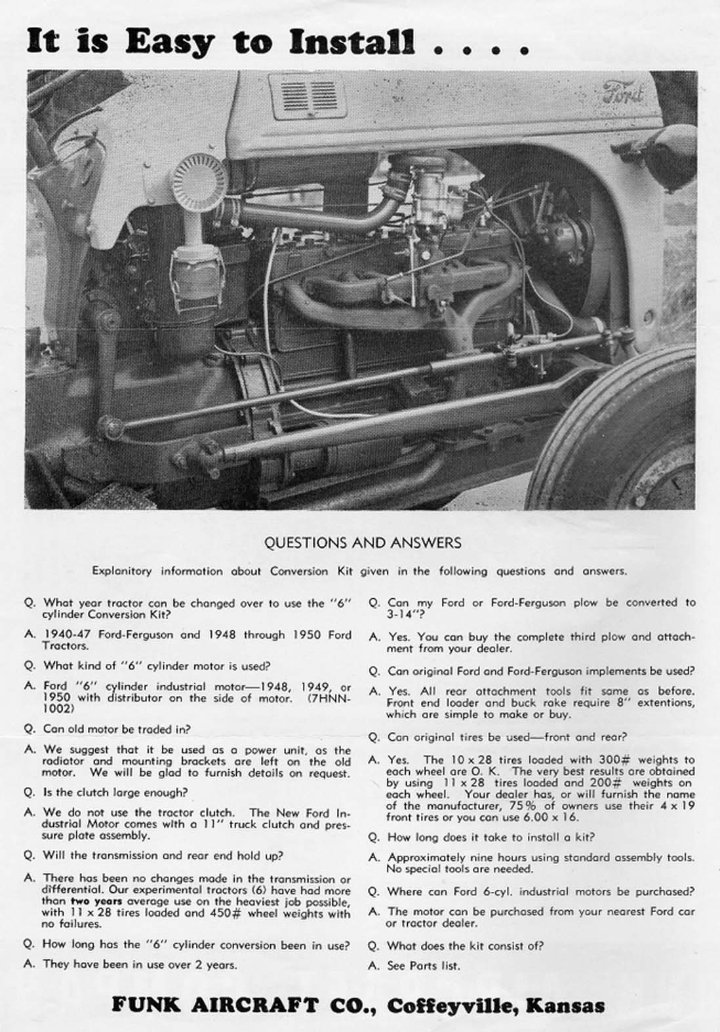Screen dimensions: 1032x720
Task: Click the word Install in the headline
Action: tap(352, 42)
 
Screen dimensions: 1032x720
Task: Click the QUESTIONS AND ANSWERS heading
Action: tap(362, 543)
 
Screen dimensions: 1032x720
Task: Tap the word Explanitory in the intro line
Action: tap(121, 571)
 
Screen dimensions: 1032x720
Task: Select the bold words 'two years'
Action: tap(96, 901)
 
